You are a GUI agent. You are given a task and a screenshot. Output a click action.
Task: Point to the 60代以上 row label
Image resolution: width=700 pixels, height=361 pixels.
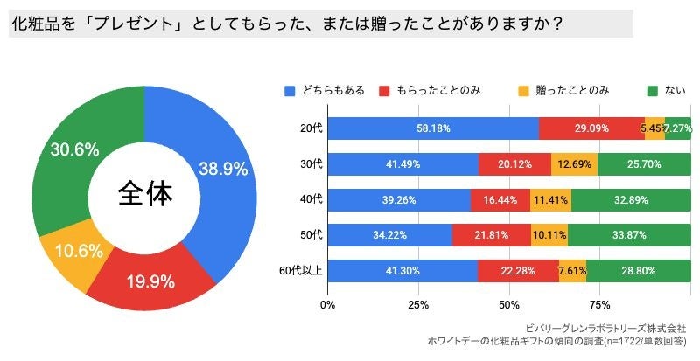click(301, 270)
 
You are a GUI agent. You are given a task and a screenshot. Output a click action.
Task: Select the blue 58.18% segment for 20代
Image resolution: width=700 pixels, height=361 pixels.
click(433, 128)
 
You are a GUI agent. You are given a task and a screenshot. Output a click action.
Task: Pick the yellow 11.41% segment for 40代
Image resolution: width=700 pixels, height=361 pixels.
click(551, 199)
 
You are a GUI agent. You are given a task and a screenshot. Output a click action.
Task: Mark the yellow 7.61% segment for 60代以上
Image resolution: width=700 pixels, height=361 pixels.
click(572, 270)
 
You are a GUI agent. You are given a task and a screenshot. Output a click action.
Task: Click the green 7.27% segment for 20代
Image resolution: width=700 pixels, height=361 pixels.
click(678, 128)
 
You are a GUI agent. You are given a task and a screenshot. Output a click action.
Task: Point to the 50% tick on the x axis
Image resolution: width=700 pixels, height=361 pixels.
click(509, 305)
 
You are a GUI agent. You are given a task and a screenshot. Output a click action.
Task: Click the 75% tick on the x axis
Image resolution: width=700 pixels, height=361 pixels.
click(600, 305)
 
